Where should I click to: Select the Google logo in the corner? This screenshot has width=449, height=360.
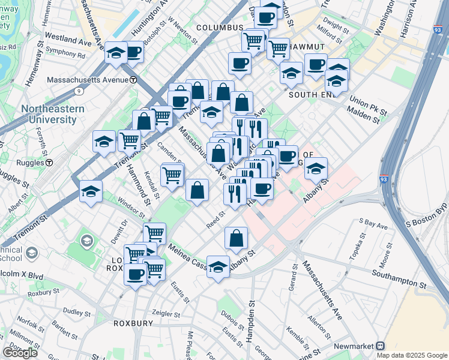[x=20, y=353]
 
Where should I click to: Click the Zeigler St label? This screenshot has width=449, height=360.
[x=165, y=314]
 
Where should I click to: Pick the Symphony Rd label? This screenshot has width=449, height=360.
[x=65, y=53]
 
